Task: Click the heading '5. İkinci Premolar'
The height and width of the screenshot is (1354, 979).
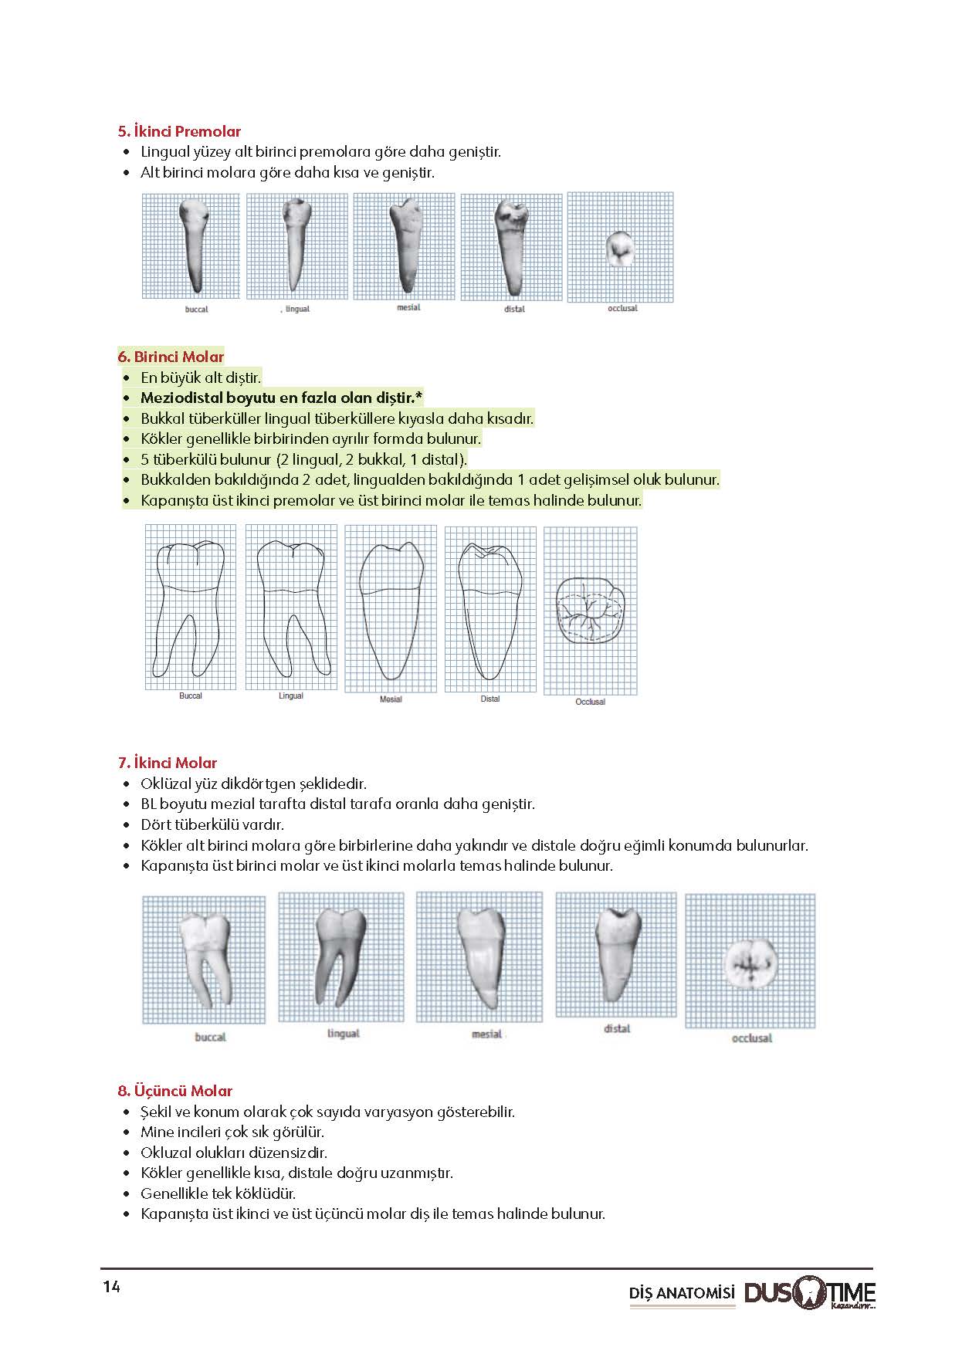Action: (179, 131)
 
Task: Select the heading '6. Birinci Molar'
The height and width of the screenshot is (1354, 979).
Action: (171, 357)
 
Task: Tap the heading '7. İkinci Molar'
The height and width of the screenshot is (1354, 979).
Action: (168, 763)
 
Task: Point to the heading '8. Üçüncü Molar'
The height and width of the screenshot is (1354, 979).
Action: (175, 1091)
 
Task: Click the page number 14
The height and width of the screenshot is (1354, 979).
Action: (111, 1287)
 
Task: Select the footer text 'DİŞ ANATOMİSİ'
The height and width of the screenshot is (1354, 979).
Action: (683, 1294)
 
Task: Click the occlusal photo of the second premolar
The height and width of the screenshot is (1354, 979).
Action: (620, 247)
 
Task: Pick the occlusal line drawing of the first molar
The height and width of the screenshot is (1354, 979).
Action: (591, 609)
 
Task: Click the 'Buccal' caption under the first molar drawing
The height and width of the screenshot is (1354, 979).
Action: (191, 696)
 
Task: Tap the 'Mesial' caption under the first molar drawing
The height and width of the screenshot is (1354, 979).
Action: (391, 699)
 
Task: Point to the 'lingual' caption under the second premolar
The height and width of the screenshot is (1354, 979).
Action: (297, 309)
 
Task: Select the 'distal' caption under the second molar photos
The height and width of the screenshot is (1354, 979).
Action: (617, 1029)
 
